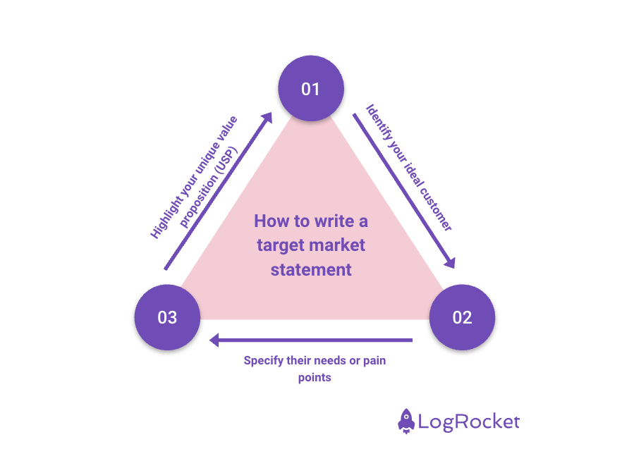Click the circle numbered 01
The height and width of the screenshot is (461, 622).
[x=310, y=90]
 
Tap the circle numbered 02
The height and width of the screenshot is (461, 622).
[x=462, y=317]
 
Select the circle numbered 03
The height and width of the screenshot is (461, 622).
[x=167, y=317]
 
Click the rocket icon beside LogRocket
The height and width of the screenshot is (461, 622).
[x=406, y=421]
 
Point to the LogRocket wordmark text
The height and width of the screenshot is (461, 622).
[x=469, y=422]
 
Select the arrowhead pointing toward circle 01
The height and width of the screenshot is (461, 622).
[x=267, y=117]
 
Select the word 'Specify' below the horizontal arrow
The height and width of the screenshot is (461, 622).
[x=262, y=361]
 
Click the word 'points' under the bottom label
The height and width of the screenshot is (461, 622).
[x=315, y=377]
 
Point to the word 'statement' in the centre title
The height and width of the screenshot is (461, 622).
[x=311, y=269]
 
